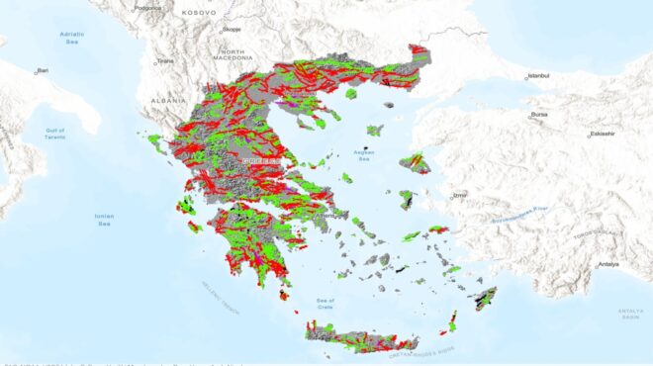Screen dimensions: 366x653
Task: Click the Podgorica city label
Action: click(146, 7)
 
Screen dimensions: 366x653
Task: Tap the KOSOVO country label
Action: click(200, 12)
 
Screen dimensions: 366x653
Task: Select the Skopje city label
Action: click(231, 31)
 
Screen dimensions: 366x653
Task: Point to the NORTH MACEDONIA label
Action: click(233, 55)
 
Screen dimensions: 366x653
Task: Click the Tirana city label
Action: click(165, 60)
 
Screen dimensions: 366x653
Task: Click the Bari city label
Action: click(43, 70)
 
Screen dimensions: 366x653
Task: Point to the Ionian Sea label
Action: click(104, 220)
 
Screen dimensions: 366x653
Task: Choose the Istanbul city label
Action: click(538, 75)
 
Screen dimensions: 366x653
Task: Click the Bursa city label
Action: click(539, 114)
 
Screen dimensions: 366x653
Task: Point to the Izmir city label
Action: click(459, 195)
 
